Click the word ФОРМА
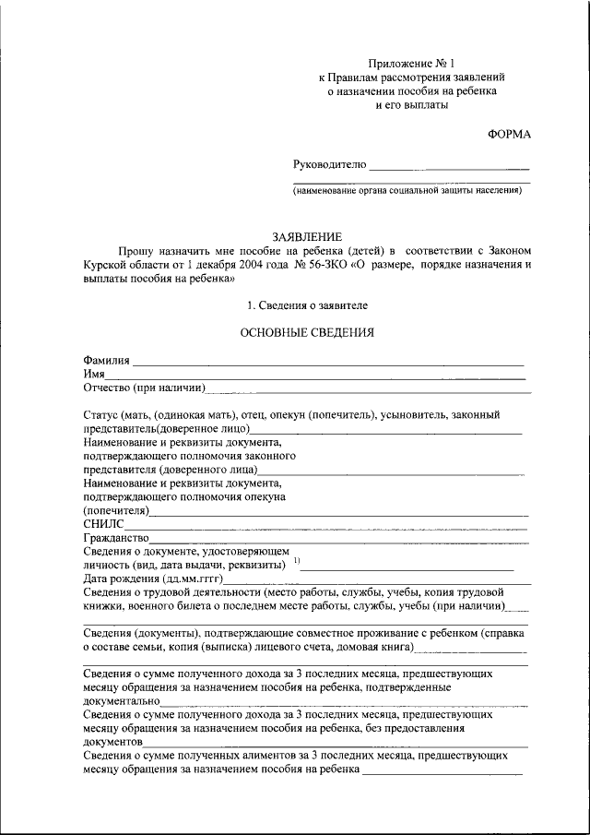pos(509,135)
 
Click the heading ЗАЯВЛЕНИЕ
pos(307,237)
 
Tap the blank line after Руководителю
pos(449,166)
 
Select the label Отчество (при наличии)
pos(143,388)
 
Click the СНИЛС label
pos(100,524)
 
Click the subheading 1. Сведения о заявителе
pos(307,304)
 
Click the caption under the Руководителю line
pos(408,191)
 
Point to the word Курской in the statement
pos(105,264)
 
